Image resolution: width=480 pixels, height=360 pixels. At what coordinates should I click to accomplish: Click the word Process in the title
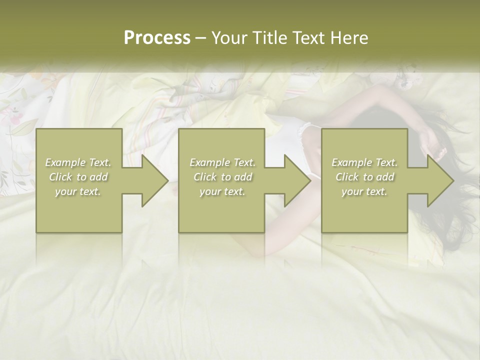point(157,38)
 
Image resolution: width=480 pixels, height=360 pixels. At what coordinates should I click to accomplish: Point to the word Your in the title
point(227,38)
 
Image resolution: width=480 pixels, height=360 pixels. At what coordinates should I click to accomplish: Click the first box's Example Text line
point(78,162)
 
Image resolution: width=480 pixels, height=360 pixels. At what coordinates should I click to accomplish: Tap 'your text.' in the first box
point(78,191)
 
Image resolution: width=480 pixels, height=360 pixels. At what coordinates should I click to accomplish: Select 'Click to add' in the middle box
point(222,177)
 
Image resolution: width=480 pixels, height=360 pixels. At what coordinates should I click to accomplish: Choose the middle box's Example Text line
point(222,162)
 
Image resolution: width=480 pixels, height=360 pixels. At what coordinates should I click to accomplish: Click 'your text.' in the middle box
point(222,191)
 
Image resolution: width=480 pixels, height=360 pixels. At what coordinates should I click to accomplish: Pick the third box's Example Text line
point(364,162)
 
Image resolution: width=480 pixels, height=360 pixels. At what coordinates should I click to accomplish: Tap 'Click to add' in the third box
point(364,177)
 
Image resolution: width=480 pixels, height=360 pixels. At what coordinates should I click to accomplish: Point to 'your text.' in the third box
point(364,191)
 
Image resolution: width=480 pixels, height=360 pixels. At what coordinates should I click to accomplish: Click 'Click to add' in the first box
point(78,177)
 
